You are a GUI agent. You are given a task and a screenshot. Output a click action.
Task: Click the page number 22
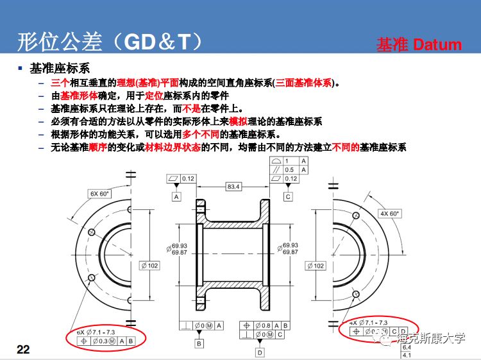pos(23,349)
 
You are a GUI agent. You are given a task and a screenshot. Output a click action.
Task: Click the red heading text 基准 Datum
pos(419,44)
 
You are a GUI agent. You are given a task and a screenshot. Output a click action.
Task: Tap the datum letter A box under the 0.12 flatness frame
pos(176,197)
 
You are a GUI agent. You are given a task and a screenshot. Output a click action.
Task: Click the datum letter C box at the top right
pos(289,197)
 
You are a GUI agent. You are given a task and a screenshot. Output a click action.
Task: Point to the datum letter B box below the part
pos(199,344)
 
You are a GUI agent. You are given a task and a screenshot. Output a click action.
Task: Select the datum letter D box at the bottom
pos(260,352)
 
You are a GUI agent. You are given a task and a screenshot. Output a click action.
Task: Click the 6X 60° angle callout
pos(99,193)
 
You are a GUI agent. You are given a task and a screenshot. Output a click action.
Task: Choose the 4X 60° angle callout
pos(389,213)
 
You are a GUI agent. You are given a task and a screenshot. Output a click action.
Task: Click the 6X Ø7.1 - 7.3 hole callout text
pos(97,332)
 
